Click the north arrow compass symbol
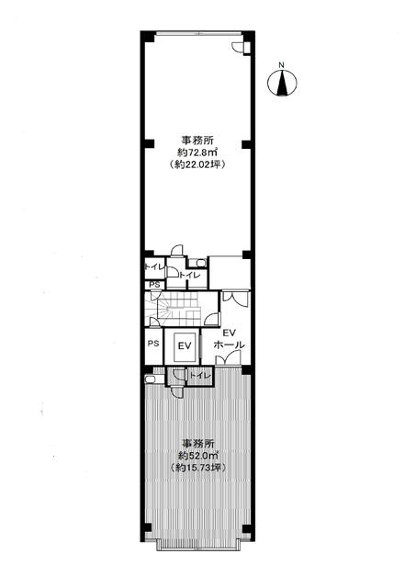282,83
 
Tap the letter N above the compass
281,65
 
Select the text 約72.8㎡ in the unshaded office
197,153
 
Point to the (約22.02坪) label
197,164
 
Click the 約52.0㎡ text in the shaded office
197,456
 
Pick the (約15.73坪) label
197,468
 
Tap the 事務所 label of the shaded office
197,443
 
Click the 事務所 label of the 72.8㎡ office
197,141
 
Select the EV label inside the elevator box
185,346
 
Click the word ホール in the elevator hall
229,345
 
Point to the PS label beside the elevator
153,343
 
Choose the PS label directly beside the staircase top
154,285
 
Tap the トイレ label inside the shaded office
200,375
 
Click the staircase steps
177,309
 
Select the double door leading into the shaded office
228,359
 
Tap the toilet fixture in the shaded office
153,379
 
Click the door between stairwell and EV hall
212,318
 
